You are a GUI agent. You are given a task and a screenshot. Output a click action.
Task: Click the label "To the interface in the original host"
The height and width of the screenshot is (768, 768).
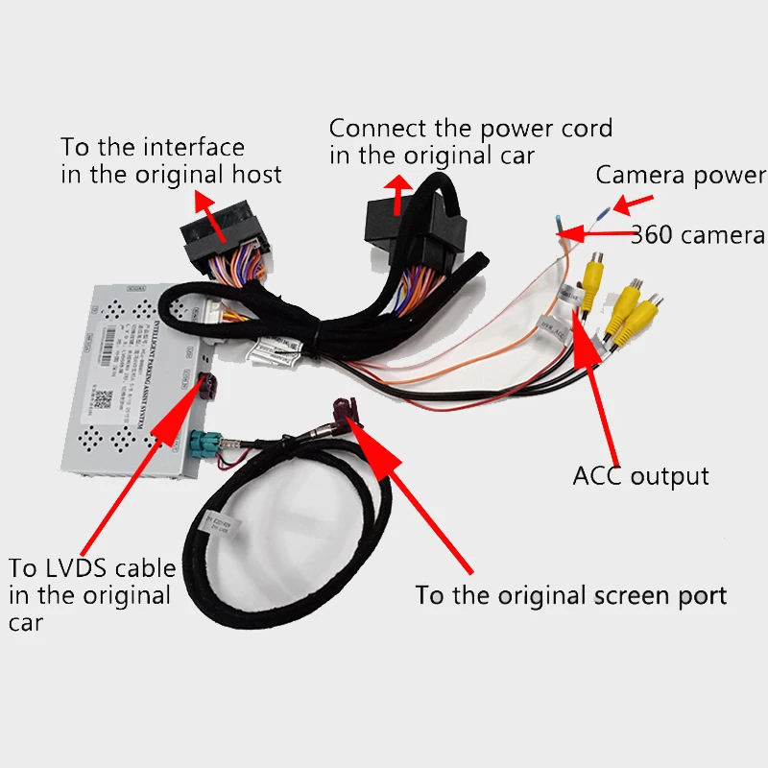(171, 161)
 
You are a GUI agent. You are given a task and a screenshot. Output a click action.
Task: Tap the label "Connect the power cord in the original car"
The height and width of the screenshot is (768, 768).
(470, 141)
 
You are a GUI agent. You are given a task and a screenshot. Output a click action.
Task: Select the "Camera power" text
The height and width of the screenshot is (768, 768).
(681, 176)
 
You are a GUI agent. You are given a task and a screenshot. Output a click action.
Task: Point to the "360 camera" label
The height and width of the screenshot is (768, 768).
(698, 235)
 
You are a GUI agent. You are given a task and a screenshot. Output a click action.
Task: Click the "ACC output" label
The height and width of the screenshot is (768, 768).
(640, 475)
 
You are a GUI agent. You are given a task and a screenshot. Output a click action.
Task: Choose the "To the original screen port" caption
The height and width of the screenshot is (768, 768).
(570, 595)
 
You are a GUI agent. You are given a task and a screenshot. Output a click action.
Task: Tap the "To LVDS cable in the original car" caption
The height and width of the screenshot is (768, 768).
(90, 594)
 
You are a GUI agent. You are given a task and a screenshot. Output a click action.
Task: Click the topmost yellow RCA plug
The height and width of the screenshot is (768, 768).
(596, 273)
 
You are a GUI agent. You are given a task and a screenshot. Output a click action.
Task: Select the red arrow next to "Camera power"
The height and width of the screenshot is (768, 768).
(633, 204)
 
